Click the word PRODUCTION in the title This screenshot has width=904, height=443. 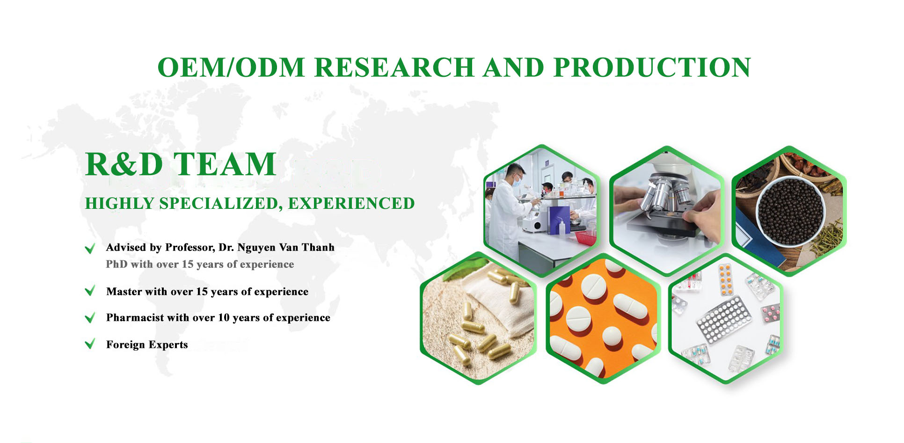pos(652,67)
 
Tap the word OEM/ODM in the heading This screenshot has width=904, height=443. pos(232,67)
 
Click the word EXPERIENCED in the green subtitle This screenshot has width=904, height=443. pos(351,203)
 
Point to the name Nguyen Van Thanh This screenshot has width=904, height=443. pos(286,247)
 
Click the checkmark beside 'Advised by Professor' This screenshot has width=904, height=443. pos(90,248)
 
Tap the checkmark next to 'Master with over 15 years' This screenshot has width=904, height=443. pos(90,291)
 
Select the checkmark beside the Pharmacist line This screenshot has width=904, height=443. pos(90,317)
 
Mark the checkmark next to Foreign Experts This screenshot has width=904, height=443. pos(90,344)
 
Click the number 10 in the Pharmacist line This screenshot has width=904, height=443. pos(224,317)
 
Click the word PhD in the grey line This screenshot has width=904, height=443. pos(117,264)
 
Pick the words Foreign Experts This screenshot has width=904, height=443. pos(147,345)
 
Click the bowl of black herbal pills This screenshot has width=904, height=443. pos(790,211)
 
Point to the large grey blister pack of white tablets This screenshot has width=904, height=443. pos(723,319)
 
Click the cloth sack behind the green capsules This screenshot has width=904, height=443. pos(501,300)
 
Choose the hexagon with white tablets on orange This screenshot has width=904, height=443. pos(604,318)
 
